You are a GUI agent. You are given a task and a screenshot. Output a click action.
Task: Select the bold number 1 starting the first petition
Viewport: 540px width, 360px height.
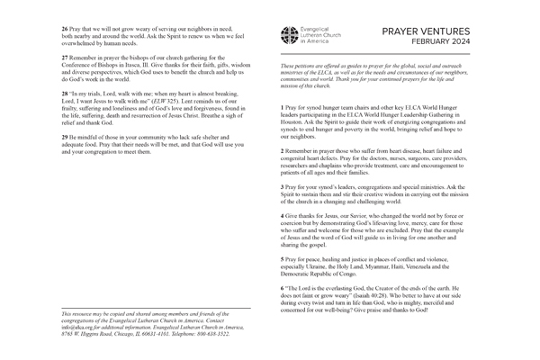point(283,107)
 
